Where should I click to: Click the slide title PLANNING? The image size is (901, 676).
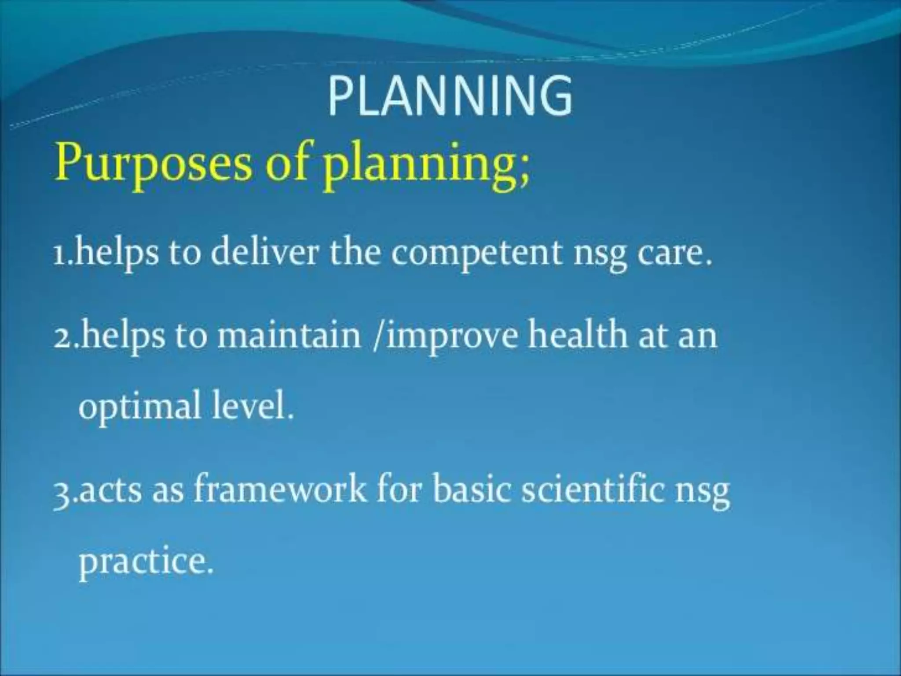tap(450, 96)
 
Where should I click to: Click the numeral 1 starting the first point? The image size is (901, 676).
tap(59, 256)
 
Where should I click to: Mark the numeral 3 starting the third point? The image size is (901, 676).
tap(62, 493)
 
